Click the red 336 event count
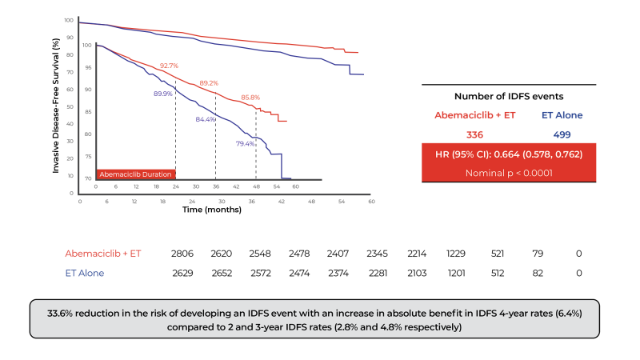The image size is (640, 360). tap(475, 134)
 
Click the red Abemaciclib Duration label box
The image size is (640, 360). tap(135, 174)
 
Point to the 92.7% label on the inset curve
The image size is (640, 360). tap(169, 66)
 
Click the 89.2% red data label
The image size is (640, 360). tap(209, 82)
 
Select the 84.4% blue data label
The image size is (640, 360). tap(206, 119)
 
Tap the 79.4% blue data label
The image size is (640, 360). tap(245, 144)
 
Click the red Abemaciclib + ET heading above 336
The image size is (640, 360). tap(475, 115)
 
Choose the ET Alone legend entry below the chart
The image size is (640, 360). tap(84, 273)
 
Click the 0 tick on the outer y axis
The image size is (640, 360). tap(70, 193)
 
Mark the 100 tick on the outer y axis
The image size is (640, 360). tap(69, 20)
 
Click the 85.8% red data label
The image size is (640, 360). tap(250, 98)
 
